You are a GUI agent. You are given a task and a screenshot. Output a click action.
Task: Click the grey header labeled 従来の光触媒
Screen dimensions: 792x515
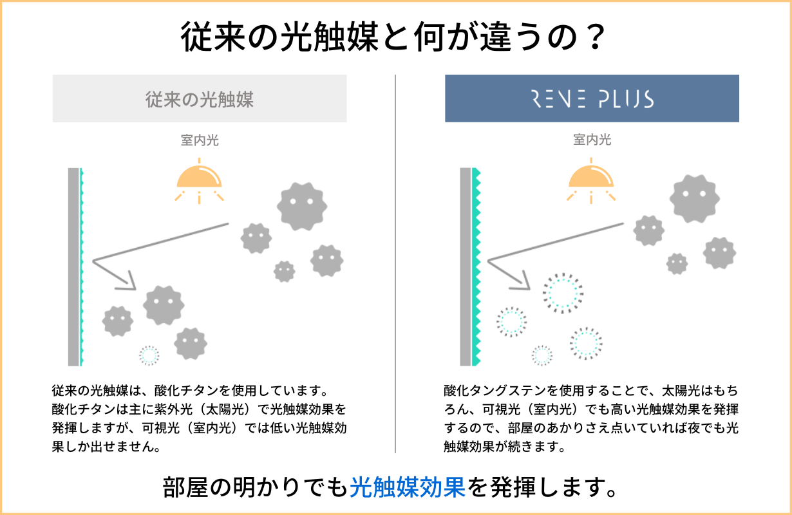tap(200, 99)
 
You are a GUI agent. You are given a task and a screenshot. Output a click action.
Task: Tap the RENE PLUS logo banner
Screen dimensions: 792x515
tap(592, 99)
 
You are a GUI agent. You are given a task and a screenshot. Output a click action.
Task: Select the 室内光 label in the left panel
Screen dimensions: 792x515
tap(200, 140)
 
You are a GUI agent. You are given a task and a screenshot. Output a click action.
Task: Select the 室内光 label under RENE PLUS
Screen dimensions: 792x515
tap(592, 140)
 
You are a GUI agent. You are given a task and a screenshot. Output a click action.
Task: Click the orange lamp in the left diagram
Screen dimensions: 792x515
tap(200, 176)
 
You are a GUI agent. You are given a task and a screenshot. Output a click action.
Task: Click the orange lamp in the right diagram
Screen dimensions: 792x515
tap(592, 176)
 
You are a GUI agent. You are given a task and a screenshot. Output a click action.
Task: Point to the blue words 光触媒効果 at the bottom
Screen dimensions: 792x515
tap(407, 488)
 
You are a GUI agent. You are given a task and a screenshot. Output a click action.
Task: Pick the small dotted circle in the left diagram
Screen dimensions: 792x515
tap(149, 355)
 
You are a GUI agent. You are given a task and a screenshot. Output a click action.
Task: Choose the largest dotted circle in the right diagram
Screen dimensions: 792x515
tap(562, 293)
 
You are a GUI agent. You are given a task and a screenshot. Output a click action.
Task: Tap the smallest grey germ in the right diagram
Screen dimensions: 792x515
tap(677, 263)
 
